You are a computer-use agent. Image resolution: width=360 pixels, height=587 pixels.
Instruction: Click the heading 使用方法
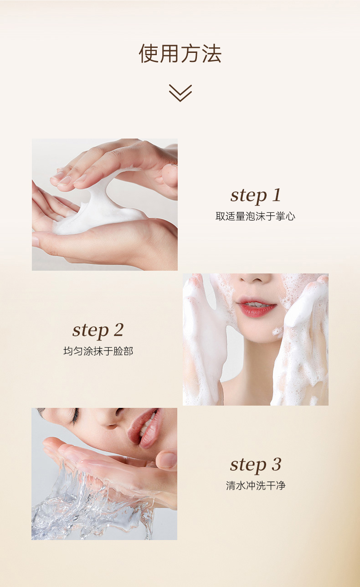(x=180, y=54)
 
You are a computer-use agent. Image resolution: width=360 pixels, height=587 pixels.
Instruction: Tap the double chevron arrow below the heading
(x=180, y=93)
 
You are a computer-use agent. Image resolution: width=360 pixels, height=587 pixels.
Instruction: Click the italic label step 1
(x=256, y=196)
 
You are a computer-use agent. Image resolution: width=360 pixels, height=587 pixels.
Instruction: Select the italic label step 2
(x=98, y=330)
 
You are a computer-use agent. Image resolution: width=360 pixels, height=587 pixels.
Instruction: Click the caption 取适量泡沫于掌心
(x=256, y=216)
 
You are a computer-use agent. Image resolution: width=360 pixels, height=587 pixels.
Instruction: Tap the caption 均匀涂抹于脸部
(x=98, y=351)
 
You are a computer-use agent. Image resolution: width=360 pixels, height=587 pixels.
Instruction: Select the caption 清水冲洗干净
(x=256, y=485)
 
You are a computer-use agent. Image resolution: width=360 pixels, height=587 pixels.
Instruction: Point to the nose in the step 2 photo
(x=255, y=278)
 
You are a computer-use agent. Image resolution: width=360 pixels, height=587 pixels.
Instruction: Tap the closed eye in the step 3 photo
(x=74, y=415)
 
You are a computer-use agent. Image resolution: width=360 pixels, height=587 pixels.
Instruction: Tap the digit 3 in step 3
(x=277, y=464)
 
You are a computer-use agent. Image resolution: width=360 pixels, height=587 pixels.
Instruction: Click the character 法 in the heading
(x=212, y=54)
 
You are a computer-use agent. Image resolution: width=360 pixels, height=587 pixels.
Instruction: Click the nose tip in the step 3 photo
(x=111, y=426)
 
